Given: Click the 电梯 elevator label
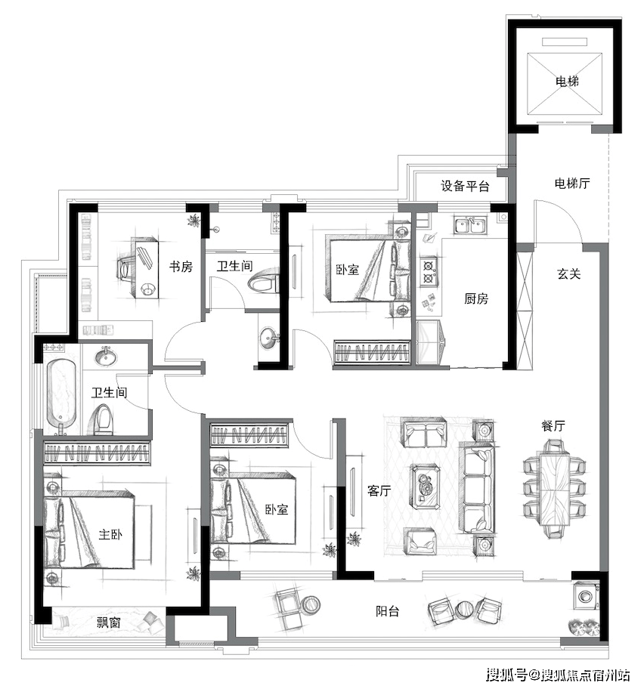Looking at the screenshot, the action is [x=567, y=82].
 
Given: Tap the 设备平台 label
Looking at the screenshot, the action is [x=465, y=186].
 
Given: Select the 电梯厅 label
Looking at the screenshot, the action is [x=572, y=184].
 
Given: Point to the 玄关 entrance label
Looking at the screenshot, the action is [x=569, y=273].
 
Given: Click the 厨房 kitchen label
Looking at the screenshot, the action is [x=476, y=299].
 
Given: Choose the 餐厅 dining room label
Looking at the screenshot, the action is [x=553, y=425].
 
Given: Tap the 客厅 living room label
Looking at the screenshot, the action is [x=379, y=490].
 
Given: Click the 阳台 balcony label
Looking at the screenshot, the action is [x=387, y=610].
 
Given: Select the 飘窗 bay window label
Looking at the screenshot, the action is [x=109, y=623].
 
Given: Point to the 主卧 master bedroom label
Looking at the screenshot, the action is [x=110, y=534].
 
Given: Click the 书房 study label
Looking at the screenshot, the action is [x=181, y=266].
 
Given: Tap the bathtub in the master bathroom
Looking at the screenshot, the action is [x=61, y=393].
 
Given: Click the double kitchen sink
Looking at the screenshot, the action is [x=470, y=225].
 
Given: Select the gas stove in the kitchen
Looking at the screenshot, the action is [x=428, y=272].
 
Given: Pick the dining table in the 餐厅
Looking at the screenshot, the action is [x=554, y=490].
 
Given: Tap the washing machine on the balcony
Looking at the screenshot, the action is [x=586, y=596].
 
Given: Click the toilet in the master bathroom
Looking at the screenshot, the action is [x=101, y=419].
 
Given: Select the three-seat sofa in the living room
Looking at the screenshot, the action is [x=476, y=489].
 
